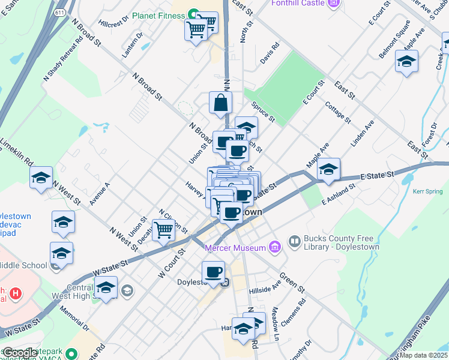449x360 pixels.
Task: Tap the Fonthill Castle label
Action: click(297, 3)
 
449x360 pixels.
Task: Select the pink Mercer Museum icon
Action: click(274, 247)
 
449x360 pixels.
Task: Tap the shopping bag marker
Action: click(220, 103)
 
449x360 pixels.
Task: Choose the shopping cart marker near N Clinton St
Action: click(163, 230)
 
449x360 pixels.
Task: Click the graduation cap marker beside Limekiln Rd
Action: click(41, 178)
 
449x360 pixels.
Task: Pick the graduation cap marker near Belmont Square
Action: click(406, 61)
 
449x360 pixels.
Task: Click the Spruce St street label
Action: click(263, 111)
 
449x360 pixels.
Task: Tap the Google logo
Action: click(20, 353)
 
